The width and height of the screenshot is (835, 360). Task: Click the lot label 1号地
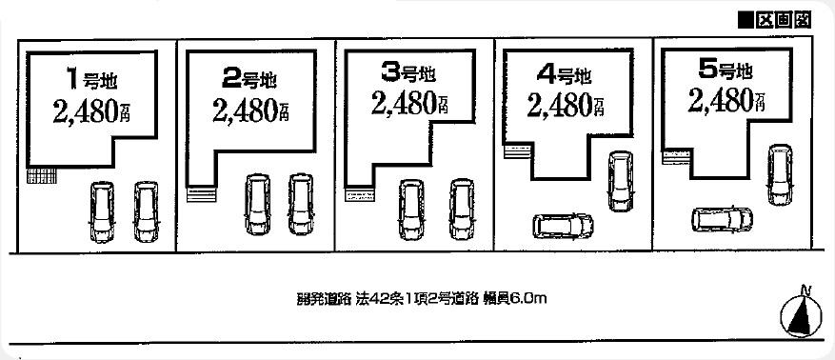tap(92, 78)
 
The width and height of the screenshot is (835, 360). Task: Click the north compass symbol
tap(804, 315)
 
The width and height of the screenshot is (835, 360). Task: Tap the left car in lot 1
tap(101, 210)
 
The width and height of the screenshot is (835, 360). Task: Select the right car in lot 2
tap(300, 203)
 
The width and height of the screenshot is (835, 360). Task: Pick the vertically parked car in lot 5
tap(780, 173)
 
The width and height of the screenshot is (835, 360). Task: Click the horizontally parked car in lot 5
tap(723, 219)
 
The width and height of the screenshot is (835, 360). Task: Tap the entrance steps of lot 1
tap(42, 176)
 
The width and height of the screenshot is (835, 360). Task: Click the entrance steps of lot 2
tap(203, 194)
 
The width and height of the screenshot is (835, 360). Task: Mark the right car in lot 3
tap(462, 207)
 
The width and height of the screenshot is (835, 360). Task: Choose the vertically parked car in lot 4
tap(620, 180)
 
